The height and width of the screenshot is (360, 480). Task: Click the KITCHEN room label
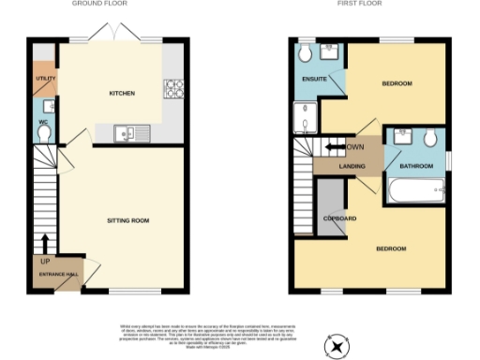click(122, 94)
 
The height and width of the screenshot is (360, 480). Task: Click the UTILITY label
click(43, 79)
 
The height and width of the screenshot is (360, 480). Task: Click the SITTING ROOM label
click(127, 220)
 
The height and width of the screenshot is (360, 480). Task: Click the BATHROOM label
click(416, 166)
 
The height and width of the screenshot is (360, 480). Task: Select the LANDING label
click(352, 166)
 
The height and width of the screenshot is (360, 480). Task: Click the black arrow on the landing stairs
click(334, 147)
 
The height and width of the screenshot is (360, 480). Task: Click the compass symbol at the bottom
click(336, 347)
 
